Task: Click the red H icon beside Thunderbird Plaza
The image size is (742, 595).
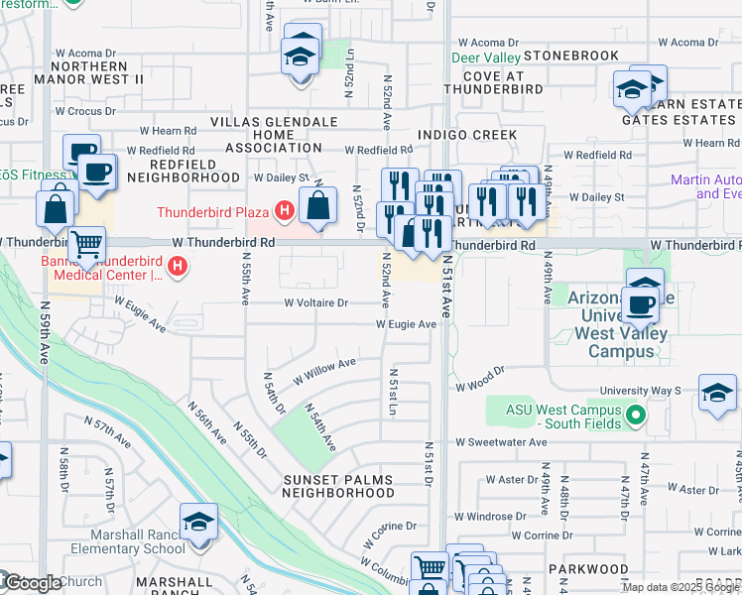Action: (285, 211)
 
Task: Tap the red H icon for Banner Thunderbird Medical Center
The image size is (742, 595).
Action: (178, 266)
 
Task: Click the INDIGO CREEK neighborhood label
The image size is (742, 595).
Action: (467, 135)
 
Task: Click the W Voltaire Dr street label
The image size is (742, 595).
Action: (316, 303)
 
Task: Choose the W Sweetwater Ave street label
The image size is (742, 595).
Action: (501, 442)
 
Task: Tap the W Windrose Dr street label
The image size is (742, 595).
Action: (498, 517)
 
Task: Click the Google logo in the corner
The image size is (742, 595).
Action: (32, 583)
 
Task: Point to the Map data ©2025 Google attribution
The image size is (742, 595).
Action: (681, 587)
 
